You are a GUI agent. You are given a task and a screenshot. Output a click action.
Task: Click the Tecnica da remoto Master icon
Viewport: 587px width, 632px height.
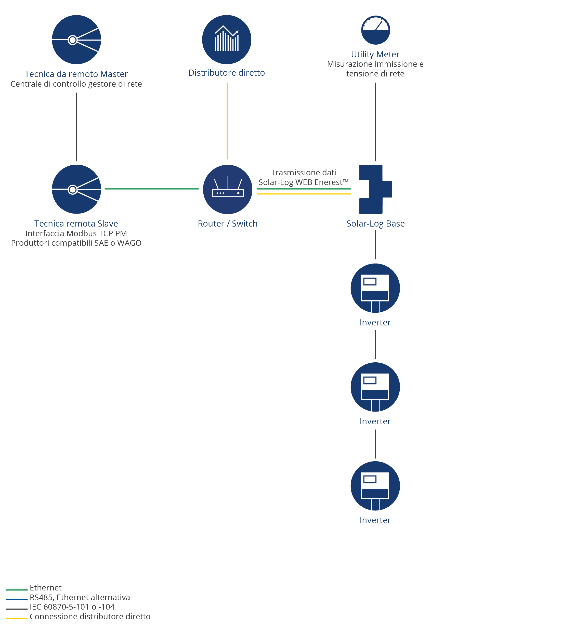click(x=76, y=40)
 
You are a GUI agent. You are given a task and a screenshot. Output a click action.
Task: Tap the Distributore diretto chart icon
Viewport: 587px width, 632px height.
click(x=227, y=40)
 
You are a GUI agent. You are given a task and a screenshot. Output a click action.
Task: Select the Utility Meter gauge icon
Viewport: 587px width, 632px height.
click(x=375, y=30)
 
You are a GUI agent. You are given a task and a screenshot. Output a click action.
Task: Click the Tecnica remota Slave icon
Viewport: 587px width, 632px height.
click(x=76, y=189)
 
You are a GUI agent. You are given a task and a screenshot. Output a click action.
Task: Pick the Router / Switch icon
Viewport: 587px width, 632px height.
click(x=228, y=190)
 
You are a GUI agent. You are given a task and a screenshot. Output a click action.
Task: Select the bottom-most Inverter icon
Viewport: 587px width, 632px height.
click(x=375, y=486)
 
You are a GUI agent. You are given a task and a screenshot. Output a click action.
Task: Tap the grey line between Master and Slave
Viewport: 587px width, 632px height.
click(x=76, y=127)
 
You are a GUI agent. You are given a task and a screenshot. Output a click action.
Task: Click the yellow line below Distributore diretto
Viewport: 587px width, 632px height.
click(x=227, y=121)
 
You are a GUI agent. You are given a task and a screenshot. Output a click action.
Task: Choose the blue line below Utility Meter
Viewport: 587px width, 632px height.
click(x=375, y=122)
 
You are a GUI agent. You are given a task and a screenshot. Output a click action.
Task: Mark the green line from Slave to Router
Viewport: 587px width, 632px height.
click(x=151, y=189)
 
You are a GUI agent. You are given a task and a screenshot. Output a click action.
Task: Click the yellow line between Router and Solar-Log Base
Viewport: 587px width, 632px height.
click(x=304, y=194)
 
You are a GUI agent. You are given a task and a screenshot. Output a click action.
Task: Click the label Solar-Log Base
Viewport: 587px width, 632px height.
click(x=375, y=224)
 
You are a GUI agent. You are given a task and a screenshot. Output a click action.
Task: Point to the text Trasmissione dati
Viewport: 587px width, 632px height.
click(x=303, y=173)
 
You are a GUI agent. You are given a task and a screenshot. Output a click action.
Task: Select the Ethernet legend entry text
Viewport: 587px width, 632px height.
click(x=46, y=588)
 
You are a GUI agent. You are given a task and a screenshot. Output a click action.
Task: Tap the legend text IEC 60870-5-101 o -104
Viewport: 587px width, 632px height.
click(x=72, y=607)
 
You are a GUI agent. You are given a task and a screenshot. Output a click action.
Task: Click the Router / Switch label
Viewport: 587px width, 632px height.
click(x=228, y=224)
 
